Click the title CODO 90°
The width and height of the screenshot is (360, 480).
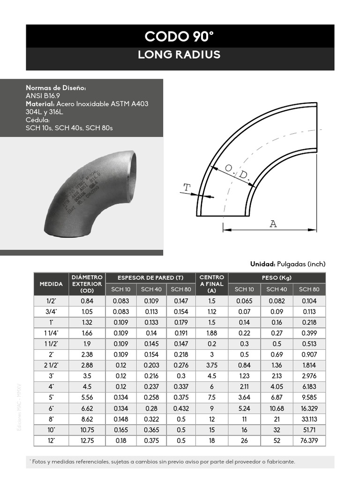tap(180, 36)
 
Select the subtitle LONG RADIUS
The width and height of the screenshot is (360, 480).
tap(179, 55)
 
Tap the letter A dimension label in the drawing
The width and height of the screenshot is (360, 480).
tap(273, 224)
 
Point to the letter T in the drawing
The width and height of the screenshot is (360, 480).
tap(187, 188)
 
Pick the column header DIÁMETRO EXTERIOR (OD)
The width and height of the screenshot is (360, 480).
tap(87, 284)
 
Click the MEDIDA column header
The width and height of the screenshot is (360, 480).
tap(51, 284)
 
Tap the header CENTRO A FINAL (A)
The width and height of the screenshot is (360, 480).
tap(212, 284)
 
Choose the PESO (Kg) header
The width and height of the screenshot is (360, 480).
tap(277, 278)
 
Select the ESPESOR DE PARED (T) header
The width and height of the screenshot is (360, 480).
tap(151, 278)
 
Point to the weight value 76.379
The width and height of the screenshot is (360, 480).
tap(309, 441)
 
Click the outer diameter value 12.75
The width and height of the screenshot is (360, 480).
tap(87, 441)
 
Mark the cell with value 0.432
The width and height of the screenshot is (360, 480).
tap(181, 408)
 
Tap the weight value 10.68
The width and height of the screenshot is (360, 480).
tap(277, 408)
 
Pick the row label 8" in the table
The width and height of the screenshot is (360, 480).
tap(51, 419)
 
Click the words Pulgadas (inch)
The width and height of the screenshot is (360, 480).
tap(300, 264)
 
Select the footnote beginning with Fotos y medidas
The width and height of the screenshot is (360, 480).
tap(162, 462)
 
